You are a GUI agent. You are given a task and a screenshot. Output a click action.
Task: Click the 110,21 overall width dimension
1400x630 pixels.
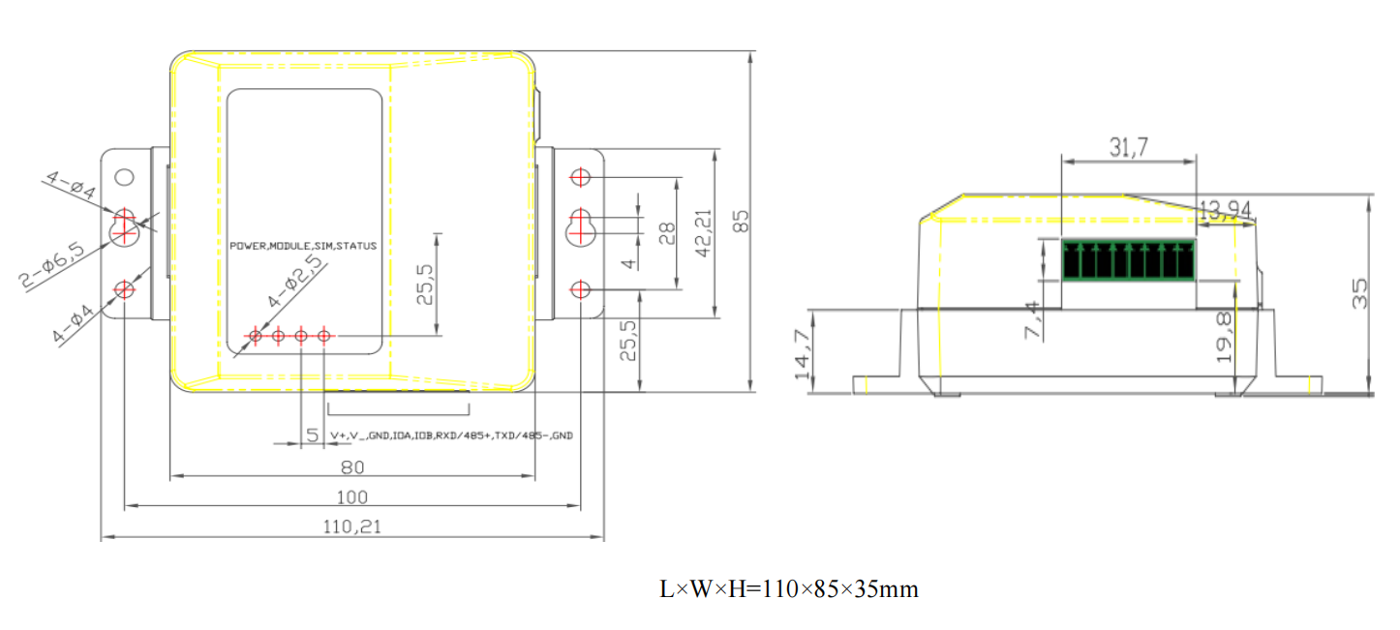pos(351,526)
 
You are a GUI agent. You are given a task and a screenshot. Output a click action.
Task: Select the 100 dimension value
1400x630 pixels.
pos(351,497)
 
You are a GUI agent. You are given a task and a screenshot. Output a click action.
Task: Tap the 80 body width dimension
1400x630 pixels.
pos(352,467)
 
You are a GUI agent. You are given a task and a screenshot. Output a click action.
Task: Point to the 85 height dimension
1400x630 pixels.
pos(741,222)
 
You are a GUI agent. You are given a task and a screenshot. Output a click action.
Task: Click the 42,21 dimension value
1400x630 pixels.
pos(704,233)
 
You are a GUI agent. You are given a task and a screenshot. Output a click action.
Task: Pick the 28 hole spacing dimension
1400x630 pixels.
pos(667,233)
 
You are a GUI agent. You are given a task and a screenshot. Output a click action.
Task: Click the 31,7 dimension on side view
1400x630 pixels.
pos(1129,147)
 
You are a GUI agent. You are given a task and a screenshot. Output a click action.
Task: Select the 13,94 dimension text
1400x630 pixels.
pos(1225,210)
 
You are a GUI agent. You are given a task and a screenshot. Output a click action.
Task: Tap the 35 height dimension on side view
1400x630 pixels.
pos(1359,294)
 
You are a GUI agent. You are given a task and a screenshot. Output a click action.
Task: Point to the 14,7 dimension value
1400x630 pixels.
pos(803,355)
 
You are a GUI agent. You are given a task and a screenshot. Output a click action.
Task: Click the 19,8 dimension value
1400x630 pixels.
pos(1225,338)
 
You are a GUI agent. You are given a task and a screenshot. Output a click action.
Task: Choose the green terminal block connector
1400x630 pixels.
pos(1128,259)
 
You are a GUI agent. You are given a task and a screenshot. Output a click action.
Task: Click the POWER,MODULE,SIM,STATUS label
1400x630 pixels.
pos(303,246)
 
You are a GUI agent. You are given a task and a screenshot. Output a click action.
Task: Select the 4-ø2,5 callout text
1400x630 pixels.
pos(296,281)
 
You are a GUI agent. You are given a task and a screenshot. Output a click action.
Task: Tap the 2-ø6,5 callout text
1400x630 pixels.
pos(51,265)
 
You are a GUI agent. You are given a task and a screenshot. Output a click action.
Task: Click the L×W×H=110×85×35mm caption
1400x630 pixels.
pos(789,588)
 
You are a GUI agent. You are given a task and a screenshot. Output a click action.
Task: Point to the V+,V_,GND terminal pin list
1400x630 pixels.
pos(451,435)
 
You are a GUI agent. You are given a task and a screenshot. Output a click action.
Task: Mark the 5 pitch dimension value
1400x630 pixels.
pos(313,435)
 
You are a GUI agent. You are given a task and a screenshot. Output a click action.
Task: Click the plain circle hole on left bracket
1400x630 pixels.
pos(125,177)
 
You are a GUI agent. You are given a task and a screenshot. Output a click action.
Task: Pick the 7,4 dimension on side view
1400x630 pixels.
pos(1032,319)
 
